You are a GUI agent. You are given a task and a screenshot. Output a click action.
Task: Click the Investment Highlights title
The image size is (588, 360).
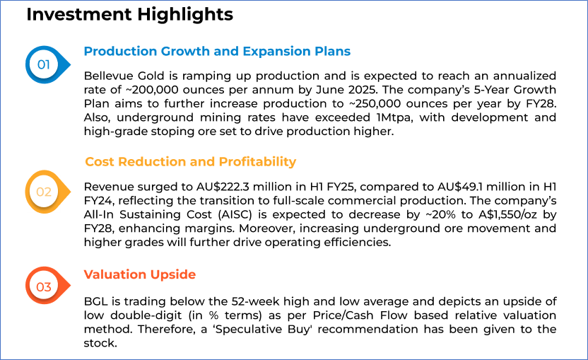point(130,15)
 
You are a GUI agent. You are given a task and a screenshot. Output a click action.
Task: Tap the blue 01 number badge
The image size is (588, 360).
point(47,64)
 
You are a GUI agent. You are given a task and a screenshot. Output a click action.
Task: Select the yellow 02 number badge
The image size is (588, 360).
point(47,192)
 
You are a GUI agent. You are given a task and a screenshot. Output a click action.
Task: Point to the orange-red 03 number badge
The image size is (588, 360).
point(47,286)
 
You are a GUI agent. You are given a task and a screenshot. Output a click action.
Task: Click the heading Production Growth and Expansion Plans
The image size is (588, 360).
point(217,51)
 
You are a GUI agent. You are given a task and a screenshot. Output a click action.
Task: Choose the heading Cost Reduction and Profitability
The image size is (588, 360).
point(191,162)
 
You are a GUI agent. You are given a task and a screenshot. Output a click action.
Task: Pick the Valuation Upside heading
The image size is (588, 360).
point(140,274)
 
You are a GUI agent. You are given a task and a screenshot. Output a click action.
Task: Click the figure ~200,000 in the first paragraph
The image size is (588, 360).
point(148,90)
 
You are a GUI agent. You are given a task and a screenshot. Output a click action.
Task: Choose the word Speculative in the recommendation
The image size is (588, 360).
point(248,330)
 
